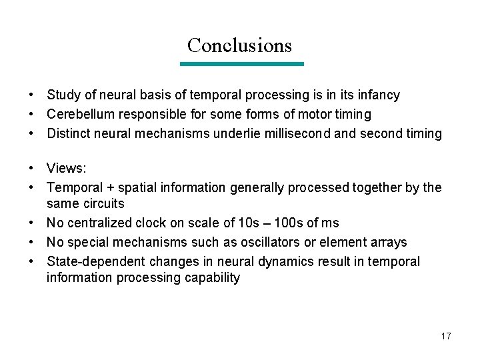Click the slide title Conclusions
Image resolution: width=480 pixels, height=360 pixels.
(x=239, y=45)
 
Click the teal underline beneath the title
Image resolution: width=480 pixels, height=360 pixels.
(x=242, y=64)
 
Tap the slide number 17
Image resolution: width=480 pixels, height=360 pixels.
(x=446, y=336)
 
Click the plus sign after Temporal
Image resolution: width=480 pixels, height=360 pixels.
(x=113, y=188)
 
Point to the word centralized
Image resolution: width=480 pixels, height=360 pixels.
(x=100, y=223)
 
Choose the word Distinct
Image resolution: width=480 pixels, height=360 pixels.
(x=69, y=134)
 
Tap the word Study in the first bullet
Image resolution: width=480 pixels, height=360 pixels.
(x=63, y=95)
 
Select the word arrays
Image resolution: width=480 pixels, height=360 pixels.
(x=387, y=242)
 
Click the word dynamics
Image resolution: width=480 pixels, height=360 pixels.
(x=271, y=261)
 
